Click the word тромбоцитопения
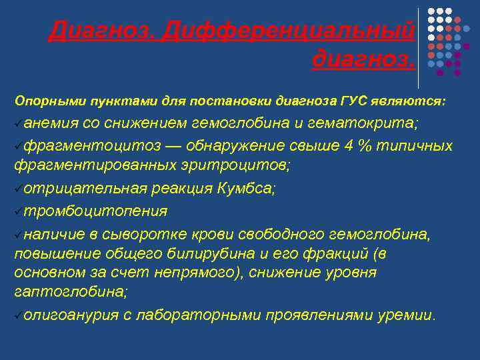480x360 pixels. (x=95, y=211)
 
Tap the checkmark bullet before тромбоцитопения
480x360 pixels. (x=18, y=211)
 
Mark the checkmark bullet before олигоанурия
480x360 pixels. (x=18, y=315)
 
